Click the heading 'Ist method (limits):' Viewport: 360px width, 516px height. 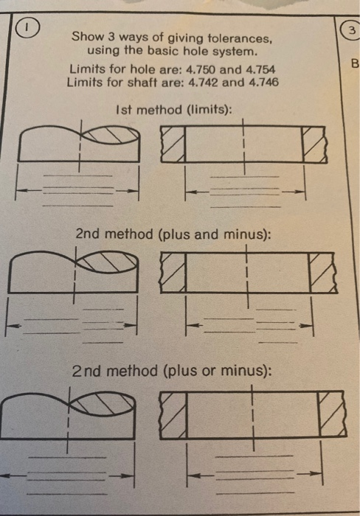(x=174, y=110)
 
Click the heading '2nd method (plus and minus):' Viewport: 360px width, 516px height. (x=173, y=234)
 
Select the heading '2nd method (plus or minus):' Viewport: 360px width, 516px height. (x=173, y=370)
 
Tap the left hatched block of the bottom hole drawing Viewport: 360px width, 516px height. (x=172, y=413)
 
